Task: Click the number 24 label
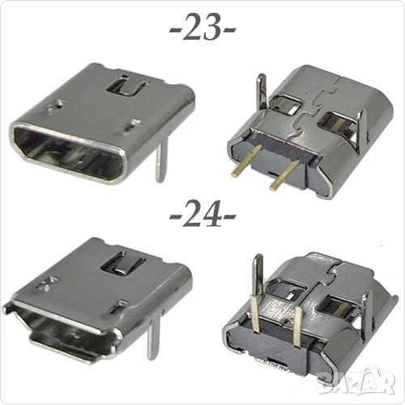[x=202, y=213]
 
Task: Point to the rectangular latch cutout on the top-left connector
[x=127, y=85]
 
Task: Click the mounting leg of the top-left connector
[x=161, y=160]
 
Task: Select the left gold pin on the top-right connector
[x=246, y=161]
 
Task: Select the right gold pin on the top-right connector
[x=284, y=173]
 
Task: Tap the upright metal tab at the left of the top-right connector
[x=262, y=92]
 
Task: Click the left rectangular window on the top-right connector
[x=286, y=104]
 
